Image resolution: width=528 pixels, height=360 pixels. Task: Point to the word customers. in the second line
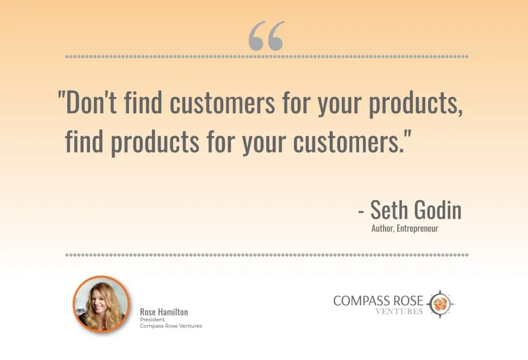[352, 141]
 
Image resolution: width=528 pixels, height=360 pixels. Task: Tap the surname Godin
[438, 210]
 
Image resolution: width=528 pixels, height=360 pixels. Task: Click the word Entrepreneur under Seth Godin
[418, 228]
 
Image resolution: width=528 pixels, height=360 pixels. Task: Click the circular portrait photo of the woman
[101, 304]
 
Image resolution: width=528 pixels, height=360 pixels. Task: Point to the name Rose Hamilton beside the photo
[164, 312]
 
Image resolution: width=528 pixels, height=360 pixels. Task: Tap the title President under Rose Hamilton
[152, 320]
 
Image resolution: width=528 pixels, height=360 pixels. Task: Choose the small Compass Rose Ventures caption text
[171, 326]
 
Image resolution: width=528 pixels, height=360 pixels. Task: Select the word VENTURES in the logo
[399, 312]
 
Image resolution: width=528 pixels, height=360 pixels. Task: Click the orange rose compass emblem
[440, 304]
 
